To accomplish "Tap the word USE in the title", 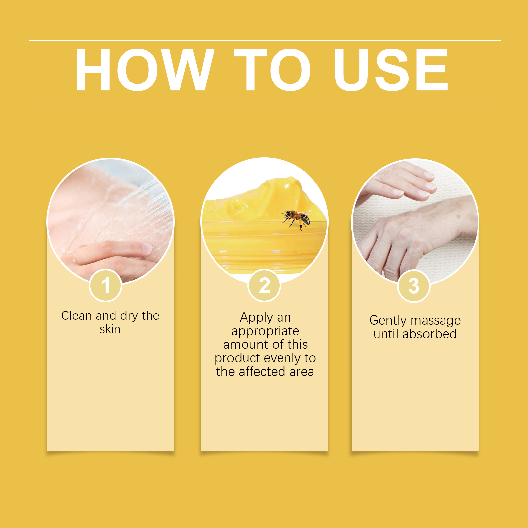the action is coord(391,70).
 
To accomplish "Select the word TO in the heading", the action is coord(273,70).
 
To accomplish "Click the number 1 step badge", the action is coord(106,285).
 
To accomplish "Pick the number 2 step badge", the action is coord(264,285).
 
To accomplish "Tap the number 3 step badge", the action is coord(414,286).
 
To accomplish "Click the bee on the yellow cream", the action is coord(296,219).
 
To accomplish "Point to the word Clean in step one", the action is coord(77,315).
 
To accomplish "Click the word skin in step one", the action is coord(110,329).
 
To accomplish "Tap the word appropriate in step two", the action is coord(265,331).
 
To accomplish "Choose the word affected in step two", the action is coord(262,372).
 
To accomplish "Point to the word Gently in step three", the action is coord(388,321).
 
